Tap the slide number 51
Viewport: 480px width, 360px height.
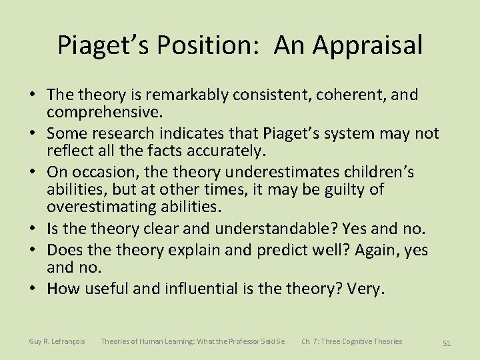tap(447, 343)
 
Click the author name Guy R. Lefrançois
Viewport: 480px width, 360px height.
tap(57, 341)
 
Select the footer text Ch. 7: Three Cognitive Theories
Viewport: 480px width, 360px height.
tap(351, 341)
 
